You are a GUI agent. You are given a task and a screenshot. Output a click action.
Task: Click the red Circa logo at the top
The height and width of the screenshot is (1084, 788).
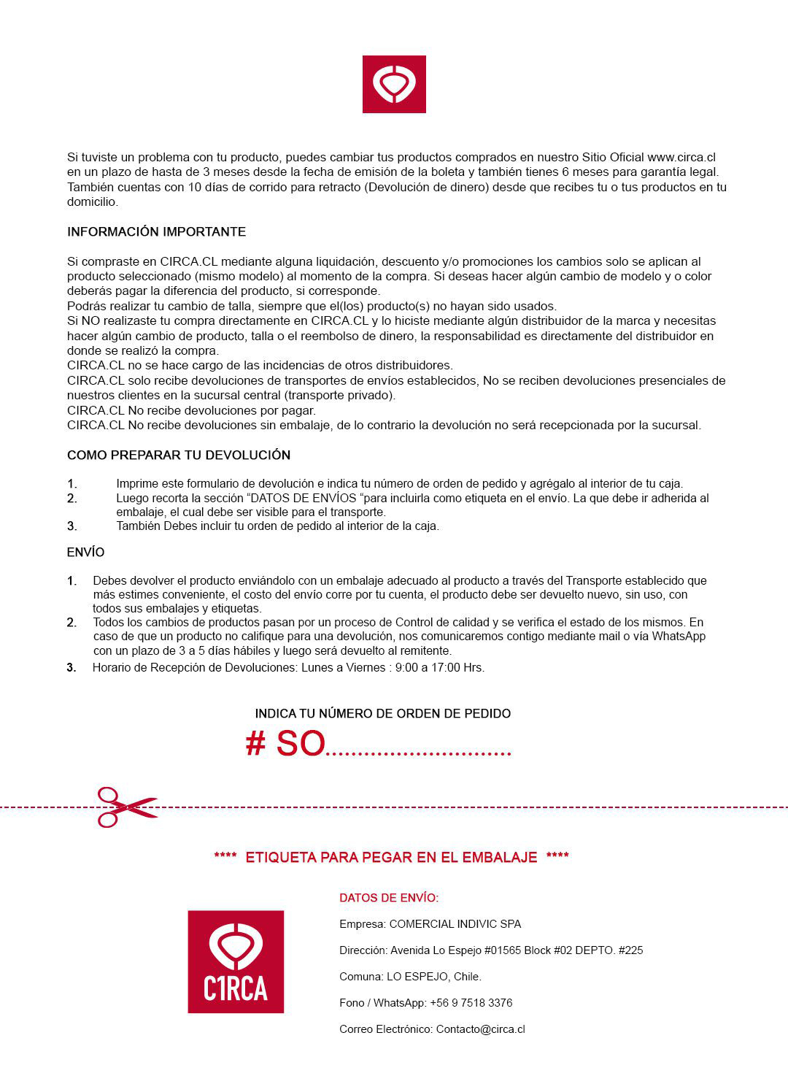[394, 84]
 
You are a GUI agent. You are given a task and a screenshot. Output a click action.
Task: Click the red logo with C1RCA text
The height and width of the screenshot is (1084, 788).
[236, 961]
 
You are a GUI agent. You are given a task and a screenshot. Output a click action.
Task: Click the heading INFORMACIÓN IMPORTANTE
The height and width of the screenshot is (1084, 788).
[156, 231]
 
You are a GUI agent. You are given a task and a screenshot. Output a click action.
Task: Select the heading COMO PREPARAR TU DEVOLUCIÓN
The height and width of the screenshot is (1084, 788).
[179, 455]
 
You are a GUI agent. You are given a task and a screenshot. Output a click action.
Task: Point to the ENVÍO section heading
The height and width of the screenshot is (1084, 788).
[85, 552]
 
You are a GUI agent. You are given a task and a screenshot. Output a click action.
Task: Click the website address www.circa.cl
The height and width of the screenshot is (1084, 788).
[681, 157]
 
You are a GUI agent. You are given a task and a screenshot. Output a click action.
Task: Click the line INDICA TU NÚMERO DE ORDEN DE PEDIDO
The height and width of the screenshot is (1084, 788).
[382, 713]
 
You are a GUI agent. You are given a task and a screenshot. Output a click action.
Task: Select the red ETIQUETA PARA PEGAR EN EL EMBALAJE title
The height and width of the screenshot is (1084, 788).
[391, 857]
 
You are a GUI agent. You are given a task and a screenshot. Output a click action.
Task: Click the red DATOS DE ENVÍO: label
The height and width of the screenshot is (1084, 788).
[389, 898]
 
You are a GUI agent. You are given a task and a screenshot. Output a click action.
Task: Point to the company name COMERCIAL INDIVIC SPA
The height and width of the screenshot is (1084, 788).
[455, 924]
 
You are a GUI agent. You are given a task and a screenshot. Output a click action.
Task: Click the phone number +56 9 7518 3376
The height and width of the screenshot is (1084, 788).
[471, 1003]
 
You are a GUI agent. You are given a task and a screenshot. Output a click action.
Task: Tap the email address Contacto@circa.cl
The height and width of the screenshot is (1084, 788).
[480, 1029]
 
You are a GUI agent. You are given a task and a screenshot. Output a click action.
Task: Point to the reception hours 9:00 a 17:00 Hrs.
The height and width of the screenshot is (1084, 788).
[439, 667]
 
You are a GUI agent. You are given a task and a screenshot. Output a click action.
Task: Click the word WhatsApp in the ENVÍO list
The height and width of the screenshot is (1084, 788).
[679, 636]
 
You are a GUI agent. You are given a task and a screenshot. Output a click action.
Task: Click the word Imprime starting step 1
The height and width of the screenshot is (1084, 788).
[138, 483]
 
